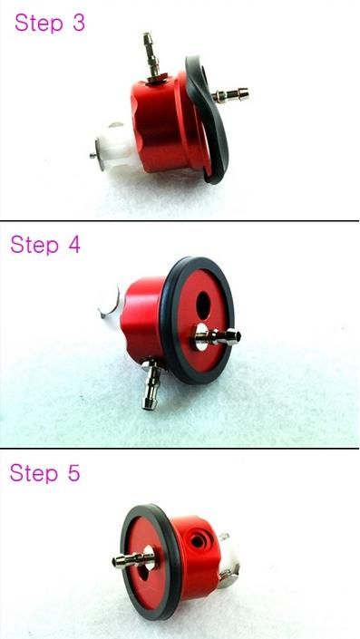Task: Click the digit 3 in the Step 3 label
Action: (x=79, y=23)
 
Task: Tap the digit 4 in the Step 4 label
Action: (x=74, y=245)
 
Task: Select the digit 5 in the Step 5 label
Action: (x=73, y=473)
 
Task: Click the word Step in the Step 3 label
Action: (x=39, y=24)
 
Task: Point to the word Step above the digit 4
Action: (x=34, y=246)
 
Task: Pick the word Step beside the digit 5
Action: (x=34, y=474)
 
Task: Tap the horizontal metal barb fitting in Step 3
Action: (x=230, y=95)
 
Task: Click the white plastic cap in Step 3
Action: (x=117, y=149)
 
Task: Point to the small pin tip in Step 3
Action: (x=92, y=155)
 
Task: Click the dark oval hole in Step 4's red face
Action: (x=203, y=306)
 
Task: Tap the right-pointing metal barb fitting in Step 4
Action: (x=216, y=337)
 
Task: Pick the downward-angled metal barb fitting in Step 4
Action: (x=151, y=383)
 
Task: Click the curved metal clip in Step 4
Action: (x=109, y=304)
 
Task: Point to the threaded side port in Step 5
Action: (x=197, y=541)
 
